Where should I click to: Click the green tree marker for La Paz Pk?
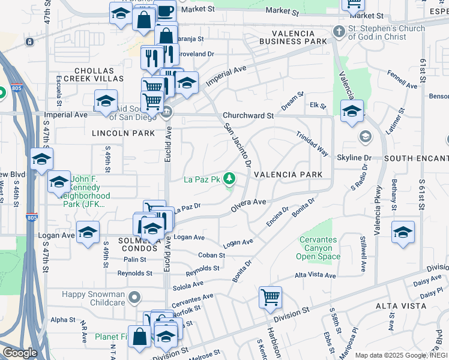click(229, 178)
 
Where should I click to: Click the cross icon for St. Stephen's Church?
click(339, 31)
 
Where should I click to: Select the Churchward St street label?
click(248, 115)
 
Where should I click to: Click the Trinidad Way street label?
click(312, 143)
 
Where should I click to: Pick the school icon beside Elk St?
click(352, 111)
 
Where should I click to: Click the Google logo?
click(20, 353)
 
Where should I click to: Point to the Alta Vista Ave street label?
click(315, 275)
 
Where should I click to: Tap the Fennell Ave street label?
click(402, 82)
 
